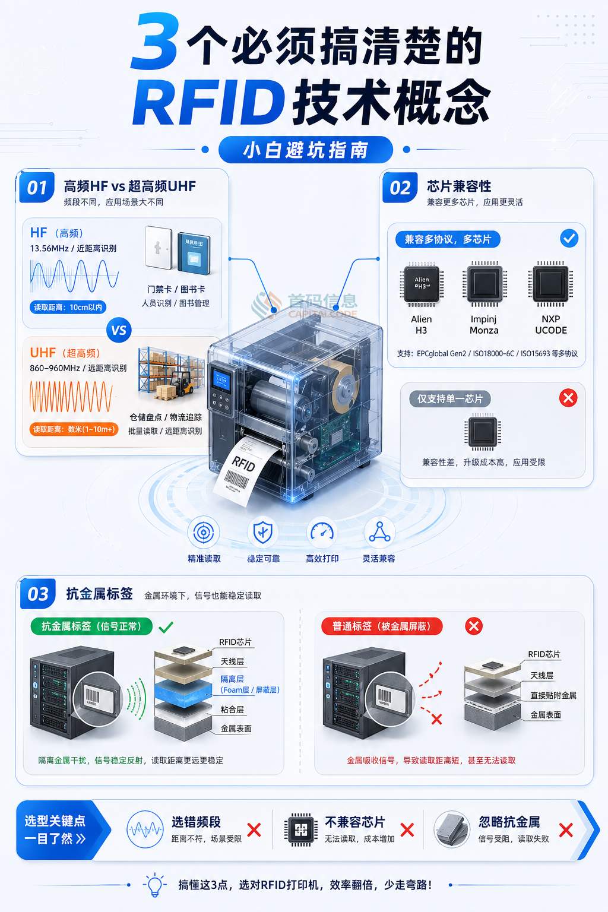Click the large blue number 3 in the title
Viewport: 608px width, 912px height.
(154, 43)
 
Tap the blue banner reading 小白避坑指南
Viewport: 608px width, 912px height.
(305, 150)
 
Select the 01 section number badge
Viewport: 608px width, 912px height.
(37, 188)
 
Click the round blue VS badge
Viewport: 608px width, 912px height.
(119, 330)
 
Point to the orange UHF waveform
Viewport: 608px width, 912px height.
(71, 396)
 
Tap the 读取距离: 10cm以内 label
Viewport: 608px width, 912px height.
(68, 307)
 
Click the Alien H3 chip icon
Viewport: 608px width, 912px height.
(422, 283)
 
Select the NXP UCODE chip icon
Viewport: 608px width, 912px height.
(550, 283)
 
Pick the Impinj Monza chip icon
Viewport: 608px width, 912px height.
(484, 283)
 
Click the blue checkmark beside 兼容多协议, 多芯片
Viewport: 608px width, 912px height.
(569, 239)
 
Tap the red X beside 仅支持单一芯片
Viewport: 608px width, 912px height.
(568, 398)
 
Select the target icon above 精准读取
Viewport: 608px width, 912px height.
(204, 533)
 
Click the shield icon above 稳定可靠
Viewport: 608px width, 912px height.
(262, 533)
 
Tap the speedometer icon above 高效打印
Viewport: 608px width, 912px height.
(322, 533)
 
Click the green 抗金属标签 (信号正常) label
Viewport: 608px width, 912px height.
(91, 626)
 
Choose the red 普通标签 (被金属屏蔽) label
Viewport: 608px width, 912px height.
(381, 626)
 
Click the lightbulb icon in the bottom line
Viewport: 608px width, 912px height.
(155, 885)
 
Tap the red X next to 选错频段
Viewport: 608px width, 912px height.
(254, 829)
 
